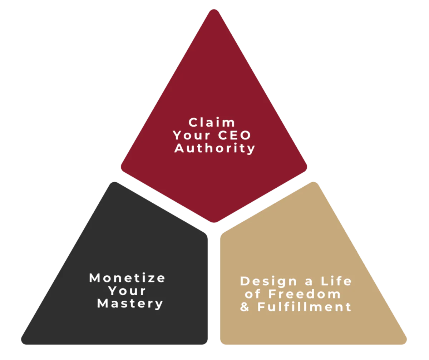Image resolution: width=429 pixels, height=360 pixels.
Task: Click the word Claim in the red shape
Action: point(212,123)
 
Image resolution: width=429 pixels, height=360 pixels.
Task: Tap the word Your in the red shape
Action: point(189,135)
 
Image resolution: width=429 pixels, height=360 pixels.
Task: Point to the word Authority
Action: point(214,148)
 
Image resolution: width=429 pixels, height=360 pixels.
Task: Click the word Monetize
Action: point(127,278)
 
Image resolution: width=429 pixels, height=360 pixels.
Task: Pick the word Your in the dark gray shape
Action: point(127,291)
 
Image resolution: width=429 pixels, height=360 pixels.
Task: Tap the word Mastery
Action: point(130,304)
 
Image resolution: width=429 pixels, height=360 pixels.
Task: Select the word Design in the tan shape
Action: point(263,281)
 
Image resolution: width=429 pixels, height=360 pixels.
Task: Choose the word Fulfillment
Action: point(304,307)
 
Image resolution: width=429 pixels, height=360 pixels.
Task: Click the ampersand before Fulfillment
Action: point(245,307)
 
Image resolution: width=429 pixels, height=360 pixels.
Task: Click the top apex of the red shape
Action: point(214,11)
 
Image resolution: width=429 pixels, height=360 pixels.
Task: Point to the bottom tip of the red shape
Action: point(214,221)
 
